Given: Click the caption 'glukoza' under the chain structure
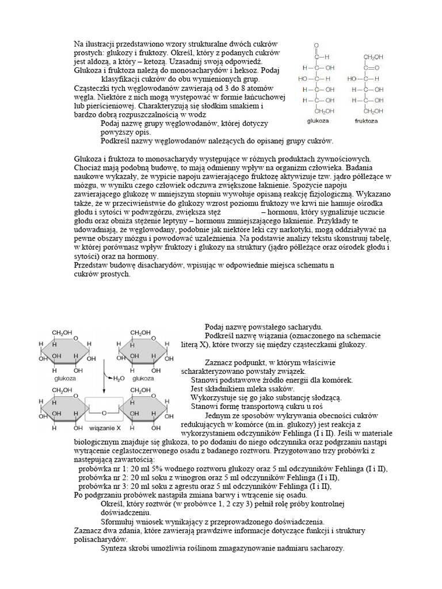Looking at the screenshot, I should [317, 122].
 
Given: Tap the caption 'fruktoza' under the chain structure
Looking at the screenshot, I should [367, 122].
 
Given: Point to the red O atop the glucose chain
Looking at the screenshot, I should [315, 45].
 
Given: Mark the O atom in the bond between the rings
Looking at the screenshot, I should [104, 412].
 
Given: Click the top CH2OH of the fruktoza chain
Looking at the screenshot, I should [374, 56].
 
